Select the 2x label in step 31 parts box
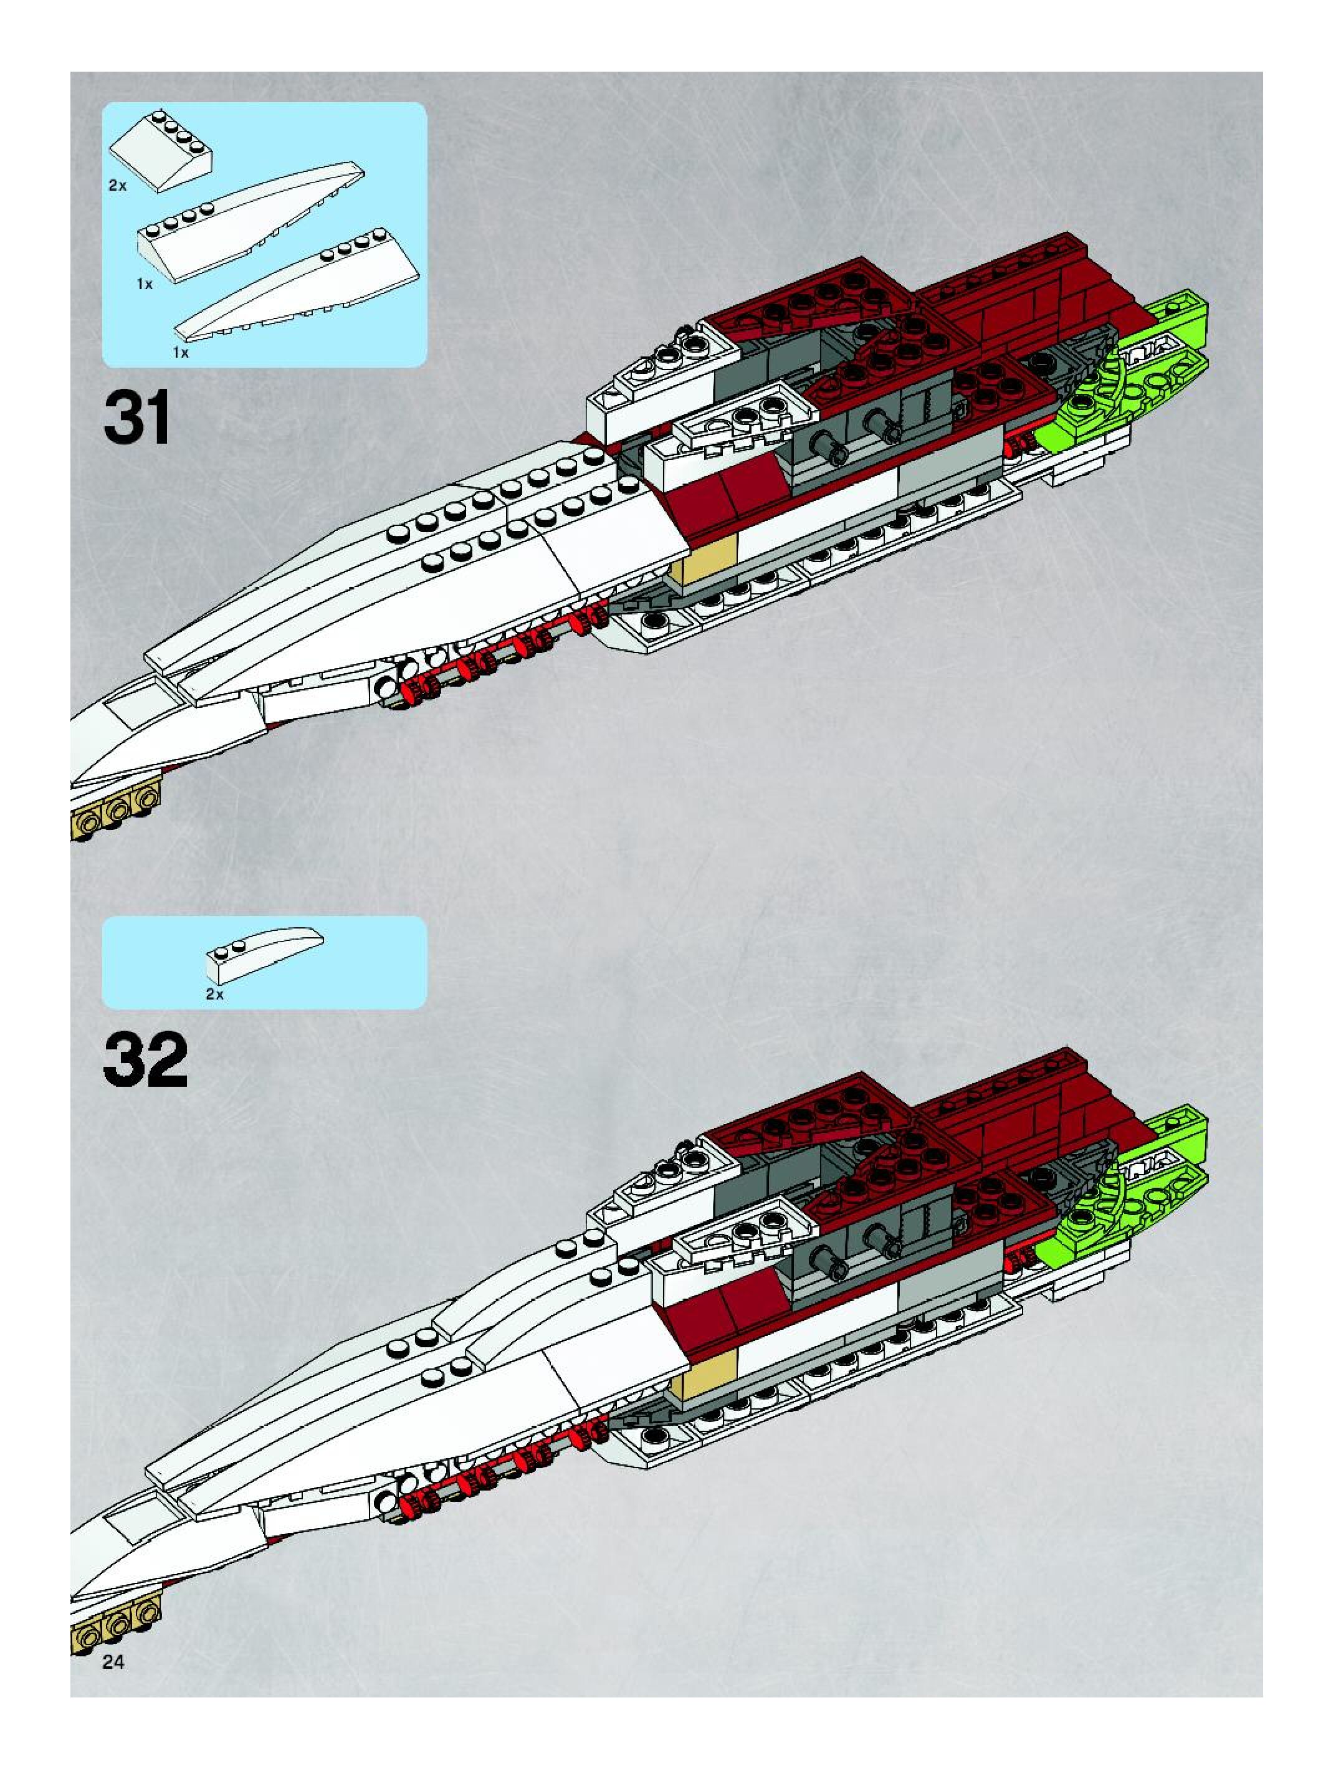pos(118,185)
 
